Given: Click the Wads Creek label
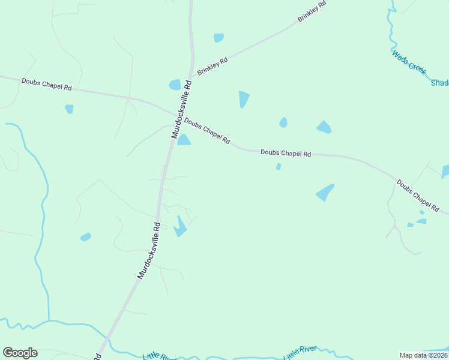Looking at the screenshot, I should pos(409,62).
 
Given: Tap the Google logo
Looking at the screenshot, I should pos(20,353).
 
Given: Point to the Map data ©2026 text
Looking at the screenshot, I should pos(424,355).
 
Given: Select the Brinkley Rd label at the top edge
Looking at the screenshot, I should pos(312,12).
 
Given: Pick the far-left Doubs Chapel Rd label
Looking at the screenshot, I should pos(46,84).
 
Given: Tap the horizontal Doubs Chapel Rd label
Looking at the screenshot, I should pos(286,153).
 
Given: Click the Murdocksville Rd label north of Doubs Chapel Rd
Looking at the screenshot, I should pos(182,109).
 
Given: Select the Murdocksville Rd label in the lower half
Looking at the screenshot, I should pos(149,250).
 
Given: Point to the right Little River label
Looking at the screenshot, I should pos(300,353).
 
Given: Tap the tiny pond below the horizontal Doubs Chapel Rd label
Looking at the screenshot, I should pos(279,167).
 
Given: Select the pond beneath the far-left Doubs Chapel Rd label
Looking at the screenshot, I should pos(69,109).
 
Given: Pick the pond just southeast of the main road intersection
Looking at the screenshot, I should pos(184,140).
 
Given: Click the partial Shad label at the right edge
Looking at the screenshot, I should pos(439,83).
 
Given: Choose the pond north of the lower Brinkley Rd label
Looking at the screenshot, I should pos(219,38).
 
